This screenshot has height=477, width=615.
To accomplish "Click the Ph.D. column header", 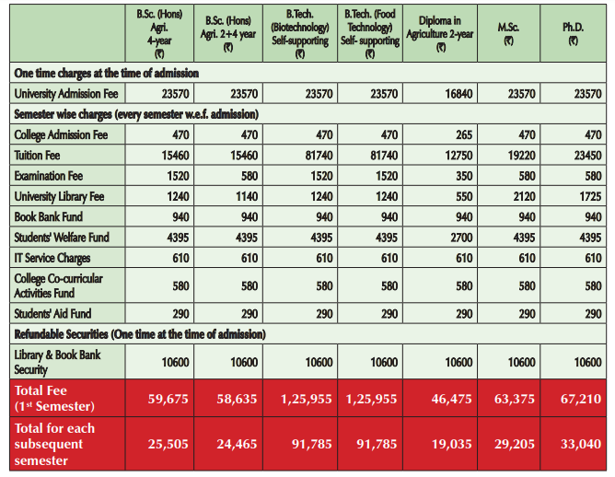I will click(574, 33).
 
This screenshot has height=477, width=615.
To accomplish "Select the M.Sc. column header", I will click(508, 33).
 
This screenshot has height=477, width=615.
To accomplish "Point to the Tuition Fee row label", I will click(39, 156).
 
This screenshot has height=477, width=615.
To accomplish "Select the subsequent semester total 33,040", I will click(574, 443).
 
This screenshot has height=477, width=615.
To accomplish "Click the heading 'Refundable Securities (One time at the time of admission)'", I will click(139, 333).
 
